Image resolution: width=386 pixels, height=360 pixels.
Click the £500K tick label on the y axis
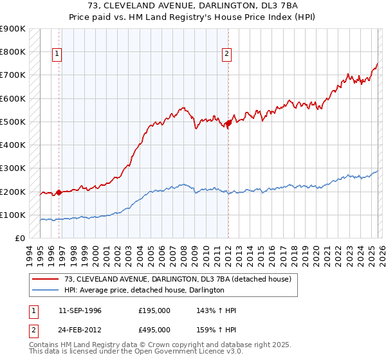point(13,122)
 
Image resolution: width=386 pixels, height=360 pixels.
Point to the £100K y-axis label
point(13,215)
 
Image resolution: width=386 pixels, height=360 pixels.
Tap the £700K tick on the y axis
point(13,75)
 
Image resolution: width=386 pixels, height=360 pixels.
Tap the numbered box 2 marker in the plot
point(228,55)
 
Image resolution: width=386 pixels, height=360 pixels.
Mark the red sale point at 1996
point(59,192)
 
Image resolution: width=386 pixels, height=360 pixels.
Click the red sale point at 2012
point(229,122)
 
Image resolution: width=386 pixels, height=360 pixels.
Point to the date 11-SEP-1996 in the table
point(80,310)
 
